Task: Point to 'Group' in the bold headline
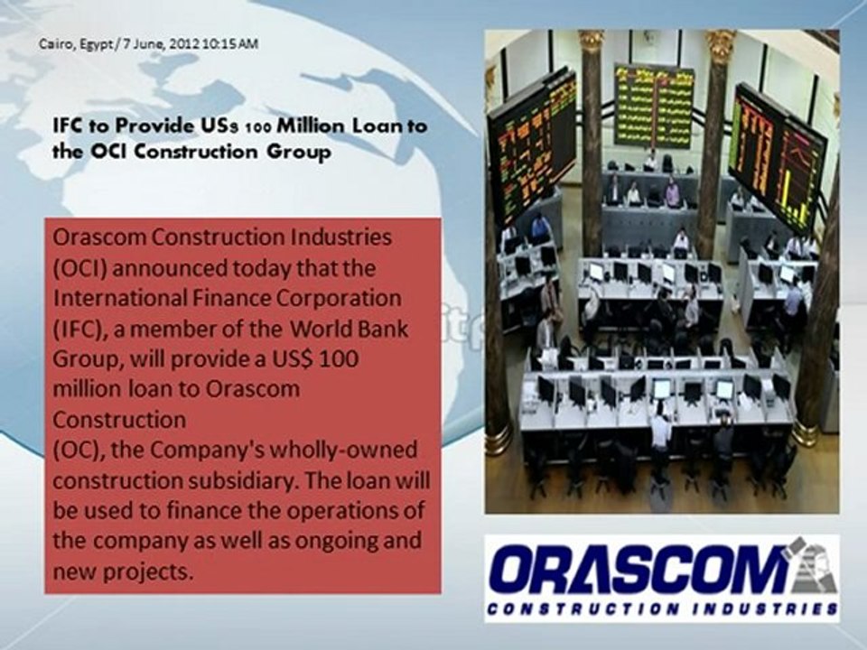(303, 152)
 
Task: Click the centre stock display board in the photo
(655, 107)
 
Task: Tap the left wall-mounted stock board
(533, 144)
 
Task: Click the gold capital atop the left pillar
(591, 40)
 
